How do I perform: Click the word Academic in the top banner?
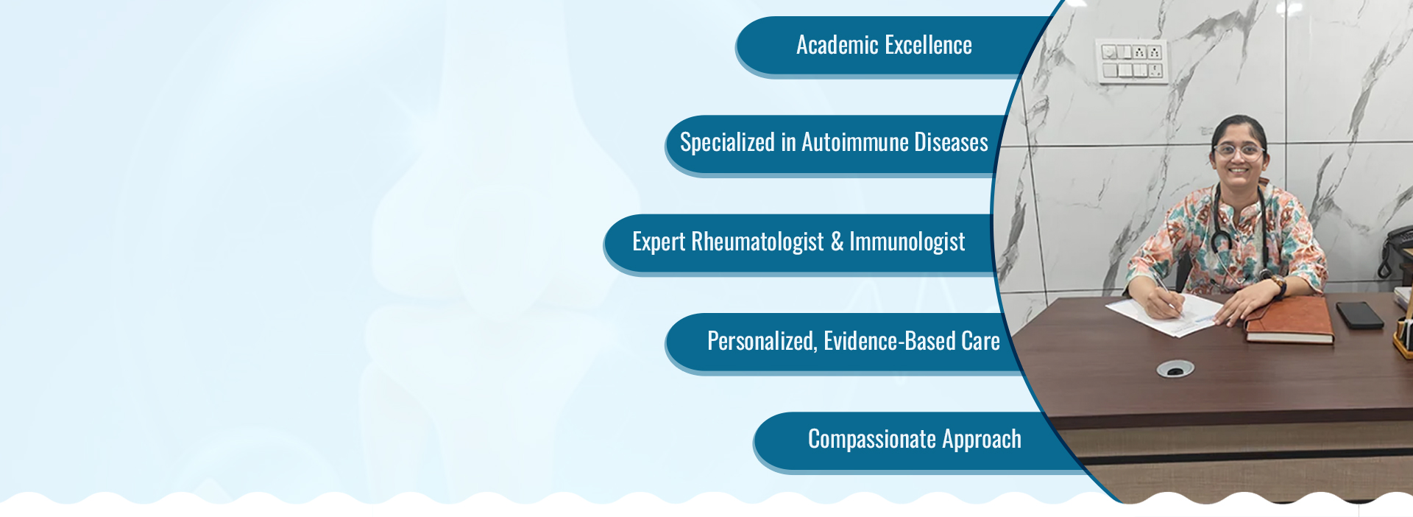(837, 45)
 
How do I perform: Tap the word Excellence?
(928, 45)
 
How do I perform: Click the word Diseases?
(952, 142)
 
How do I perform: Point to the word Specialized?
(727, 143)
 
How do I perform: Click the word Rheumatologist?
(757, 242)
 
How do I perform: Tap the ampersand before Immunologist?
(837, 242)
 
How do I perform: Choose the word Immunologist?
(907, 242)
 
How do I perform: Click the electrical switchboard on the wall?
(1133, 61)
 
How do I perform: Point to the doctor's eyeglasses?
(1238, 151)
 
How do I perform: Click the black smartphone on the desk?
(1360, 315)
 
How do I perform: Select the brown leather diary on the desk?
(1289, 320)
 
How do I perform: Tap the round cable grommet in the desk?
(1175, 369)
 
